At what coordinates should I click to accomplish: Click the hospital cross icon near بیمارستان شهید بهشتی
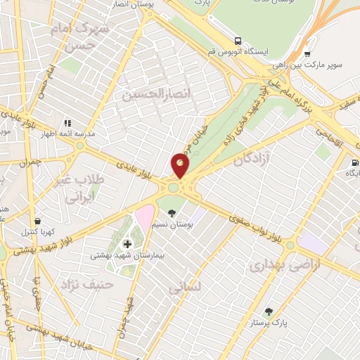pyautogui.click(x=127, y=244)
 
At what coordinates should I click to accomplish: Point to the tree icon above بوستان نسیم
pyautogui.click(x=173, y=213)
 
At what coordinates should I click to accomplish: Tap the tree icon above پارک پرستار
pyautogui.click(x=268, y=311)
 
